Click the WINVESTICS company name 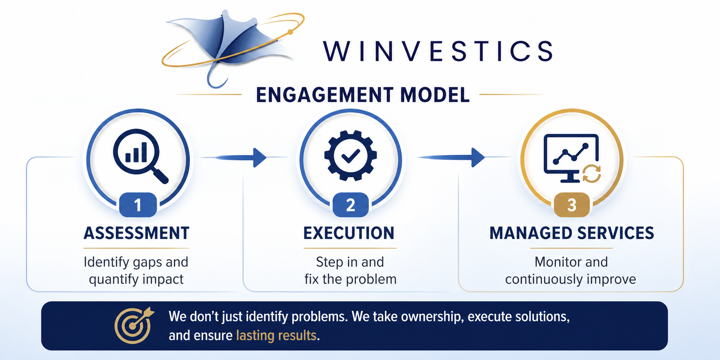[x=438, y=52]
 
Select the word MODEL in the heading [x=435, y=95]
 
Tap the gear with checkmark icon [x=350, y=155]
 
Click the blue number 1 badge [x=138, y=205]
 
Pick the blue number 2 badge [x=351, y=205]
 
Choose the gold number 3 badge [x=571, y=205]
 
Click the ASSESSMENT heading [x=136, y=233]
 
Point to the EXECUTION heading [x=349, y=233]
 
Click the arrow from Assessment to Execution [x=239, y=157]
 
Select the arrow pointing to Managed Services [x=455, y=157]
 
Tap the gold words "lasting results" [x=276, y=336]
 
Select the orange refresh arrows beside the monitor [x=592, y=173]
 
